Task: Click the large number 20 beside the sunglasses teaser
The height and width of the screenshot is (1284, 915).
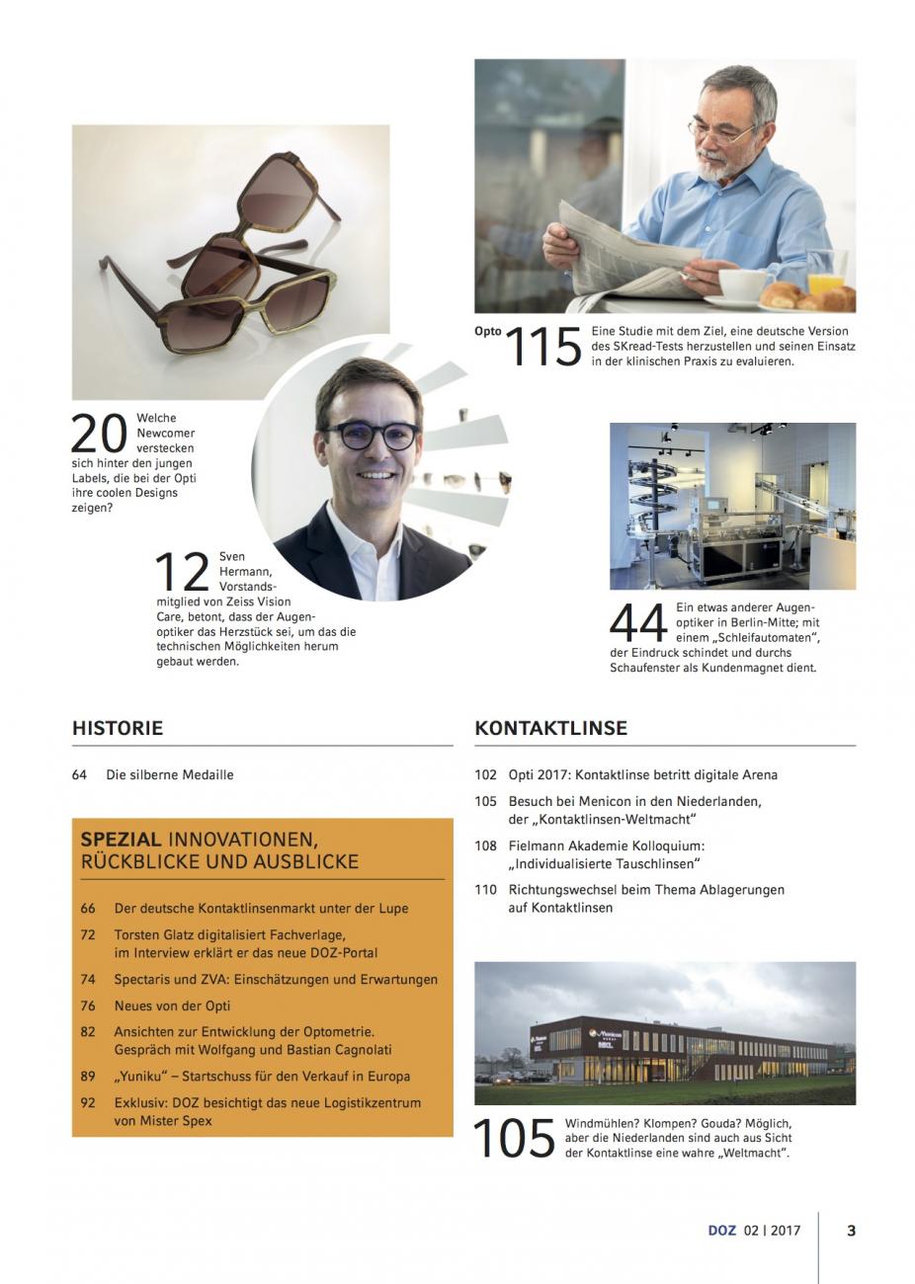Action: pyautogui.click(x=100, y=434)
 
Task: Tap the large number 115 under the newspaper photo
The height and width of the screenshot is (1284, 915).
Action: pyautogui.click(x=542, y=348)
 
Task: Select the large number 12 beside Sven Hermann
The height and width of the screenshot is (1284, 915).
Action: pyautogui.click(x=183, y=574)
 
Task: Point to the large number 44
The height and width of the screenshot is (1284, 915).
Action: pyautogui.click(x=638, y=623)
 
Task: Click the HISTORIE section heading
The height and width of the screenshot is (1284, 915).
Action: pyautogui.click(x=118, y=729)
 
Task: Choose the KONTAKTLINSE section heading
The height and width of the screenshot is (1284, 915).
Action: pyautogui.click(x=550, y=729)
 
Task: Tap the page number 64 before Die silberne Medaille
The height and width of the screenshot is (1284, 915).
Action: pyautogui.click(x=80, y=775)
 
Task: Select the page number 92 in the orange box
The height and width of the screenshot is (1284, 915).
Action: pyautogui.click(x=88, y=1103)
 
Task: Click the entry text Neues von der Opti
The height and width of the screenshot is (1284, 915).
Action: pyautogui.click(x=172, y=1005)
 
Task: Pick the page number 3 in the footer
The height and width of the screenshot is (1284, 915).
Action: pyautogui.click(x=852, y=1231)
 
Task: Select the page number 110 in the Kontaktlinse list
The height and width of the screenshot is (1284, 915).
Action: pyautogui.click(x=485, y=890)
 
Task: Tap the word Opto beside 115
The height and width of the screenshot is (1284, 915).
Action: pyautogui.click(x=488, y=332)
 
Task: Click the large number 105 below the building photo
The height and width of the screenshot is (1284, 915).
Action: pyautogui.click(x=514, y=1138)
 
